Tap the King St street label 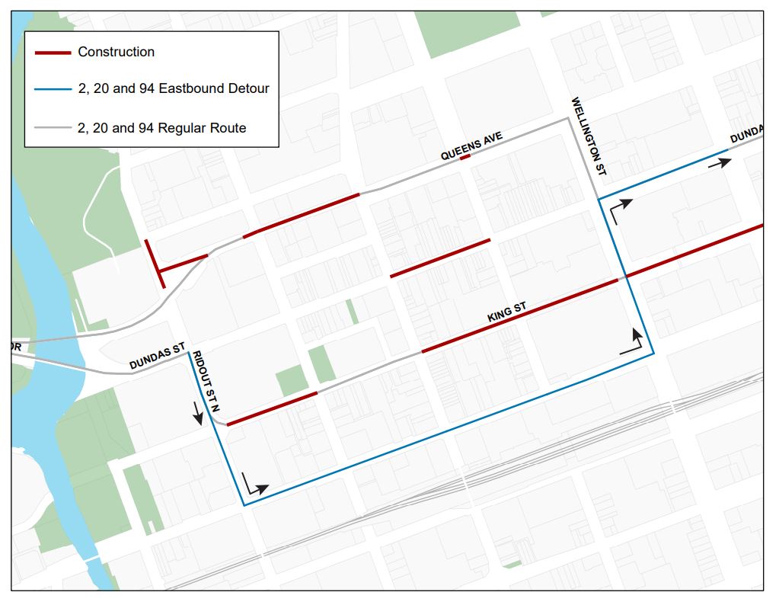point(507,312)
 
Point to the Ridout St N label point(203,374)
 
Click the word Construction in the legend point(116,52)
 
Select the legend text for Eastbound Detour point(173,88)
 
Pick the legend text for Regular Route point(161,128)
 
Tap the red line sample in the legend point(53,53)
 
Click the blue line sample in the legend point(53,89)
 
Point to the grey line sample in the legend point(53,129)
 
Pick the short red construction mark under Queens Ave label point(465,158)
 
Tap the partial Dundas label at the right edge point(746,135)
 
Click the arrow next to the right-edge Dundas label point(720,162)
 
